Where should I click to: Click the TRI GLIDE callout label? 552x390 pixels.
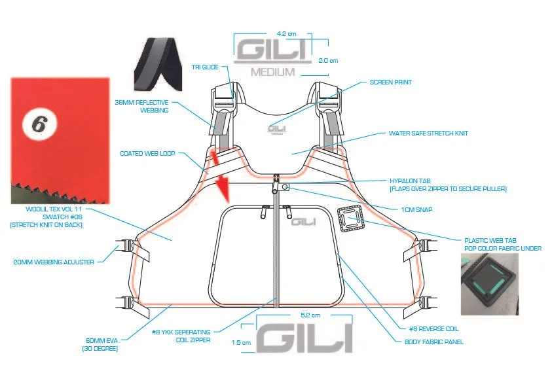pos(206,67)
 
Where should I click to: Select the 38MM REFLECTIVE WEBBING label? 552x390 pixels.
pos(141,106)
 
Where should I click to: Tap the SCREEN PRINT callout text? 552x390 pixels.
pos(390,82)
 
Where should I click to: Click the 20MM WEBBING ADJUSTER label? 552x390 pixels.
pos(53,262)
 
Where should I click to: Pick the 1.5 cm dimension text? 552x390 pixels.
pos(241,342)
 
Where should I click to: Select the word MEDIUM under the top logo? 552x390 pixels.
pos(273,72)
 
